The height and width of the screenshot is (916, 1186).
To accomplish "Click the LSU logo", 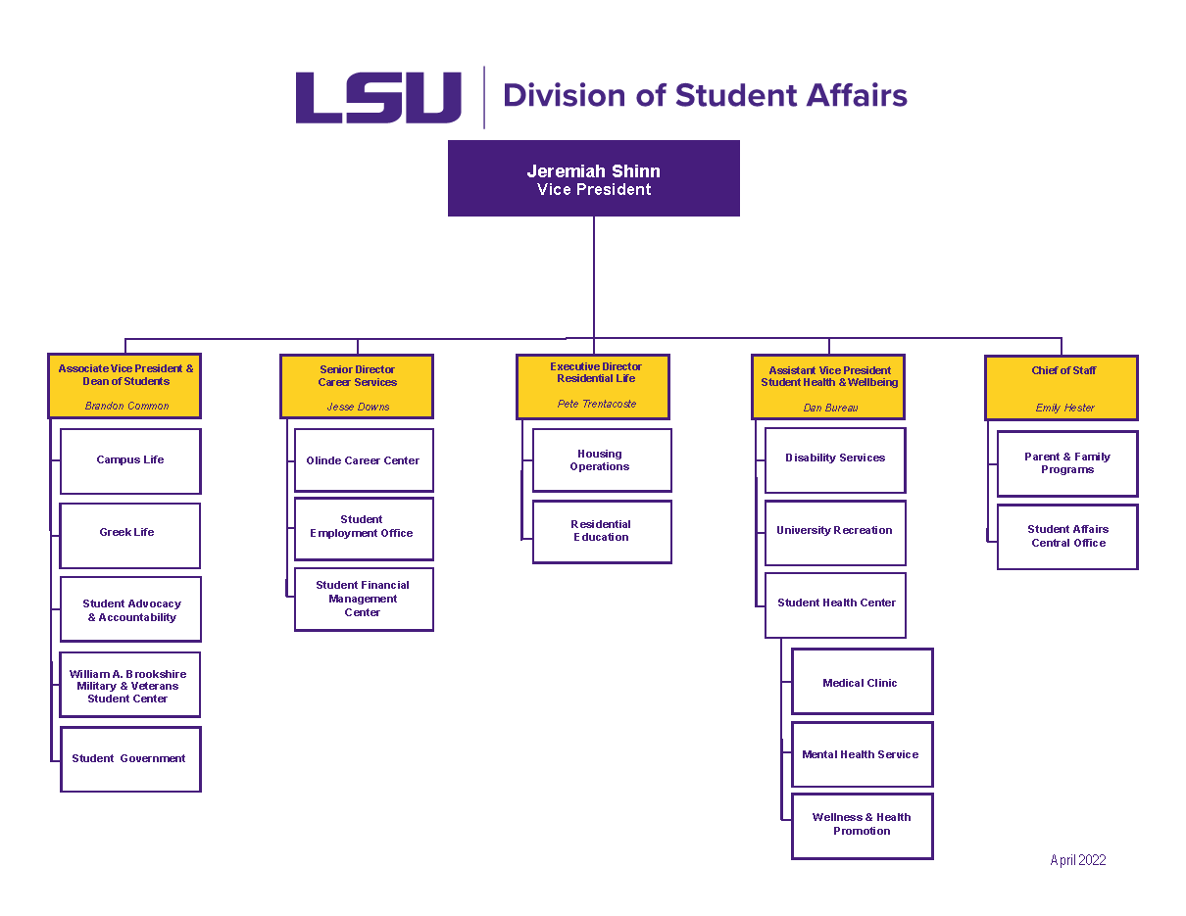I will point(378,97).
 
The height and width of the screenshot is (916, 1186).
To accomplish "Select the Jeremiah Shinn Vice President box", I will point(593,178).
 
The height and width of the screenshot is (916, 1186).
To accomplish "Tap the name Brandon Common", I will point(126,406).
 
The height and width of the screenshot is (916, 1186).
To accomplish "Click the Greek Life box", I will point(129,535).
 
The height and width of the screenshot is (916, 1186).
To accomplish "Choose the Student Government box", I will point(129,759).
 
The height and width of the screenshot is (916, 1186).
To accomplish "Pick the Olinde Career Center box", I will point(364,460).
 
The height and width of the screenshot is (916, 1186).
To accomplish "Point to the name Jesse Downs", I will point(358,407).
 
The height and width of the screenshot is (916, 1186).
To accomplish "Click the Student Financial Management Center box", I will point(364,599).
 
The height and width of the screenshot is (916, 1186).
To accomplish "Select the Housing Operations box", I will point(601,460).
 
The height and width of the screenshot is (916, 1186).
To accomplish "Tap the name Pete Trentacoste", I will point(597,404).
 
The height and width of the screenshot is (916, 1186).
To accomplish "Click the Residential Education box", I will point(601,531).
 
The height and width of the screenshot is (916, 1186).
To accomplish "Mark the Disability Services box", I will point(835,458).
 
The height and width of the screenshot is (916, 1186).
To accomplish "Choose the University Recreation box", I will point(835,532).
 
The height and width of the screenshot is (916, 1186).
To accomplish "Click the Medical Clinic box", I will point(862,682).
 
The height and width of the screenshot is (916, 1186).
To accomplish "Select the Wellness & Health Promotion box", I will point(862,825).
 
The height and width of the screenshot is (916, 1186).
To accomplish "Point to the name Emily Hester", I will point(1064,408).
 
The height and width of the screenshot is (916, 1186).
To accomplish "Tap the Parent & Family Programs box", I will point(1066,463).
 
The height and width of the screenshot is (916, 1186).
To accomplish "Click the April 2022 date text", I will point(1077,860).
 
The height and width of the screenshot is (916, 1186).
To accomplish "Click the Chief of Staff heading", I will point(1063,370).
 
